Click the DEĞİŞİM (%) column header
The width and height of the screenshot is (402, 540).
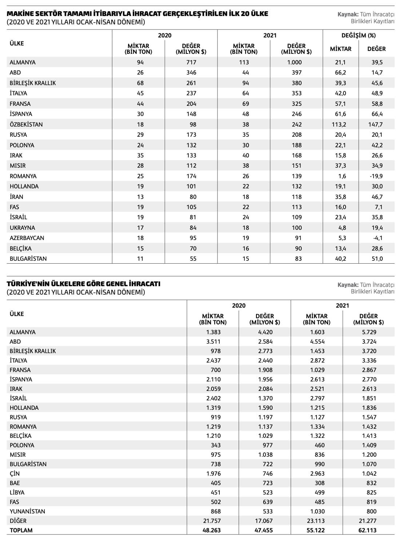pyautogui.click(x=358, y=35)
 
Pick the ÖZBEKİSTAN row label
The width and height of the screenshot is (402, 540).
pyautogui.click(x=26, y=124)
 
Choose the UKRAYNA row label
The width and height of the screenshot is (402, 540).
pyautogui.click(x=23, y=228)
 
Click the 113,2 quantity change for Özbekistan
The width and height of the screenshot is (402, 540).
pyautogui.click(x=339, y=124)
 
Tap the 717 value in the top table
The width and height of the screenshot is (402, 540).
pyautogui.click(x=191, y=62)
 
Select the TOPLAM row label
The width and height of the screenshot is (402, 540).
pyautogui.click(x=21, y=530)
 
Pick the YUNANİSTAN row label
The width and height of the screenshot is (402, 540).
pyautogui.click(x=28, y=511)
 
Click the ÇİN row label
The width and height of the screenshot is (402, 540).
pyautogui.click(x=15, y=473)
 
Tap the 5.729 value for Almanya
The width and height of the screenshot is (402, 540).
pyautogui.click(x=369, y=332)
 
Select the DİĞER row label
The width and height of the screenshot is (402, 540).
pyautogui.click(x=18, y=521)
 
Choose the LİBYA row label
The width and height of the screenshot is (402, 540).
pyautogui.click(x=17, y=492)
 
